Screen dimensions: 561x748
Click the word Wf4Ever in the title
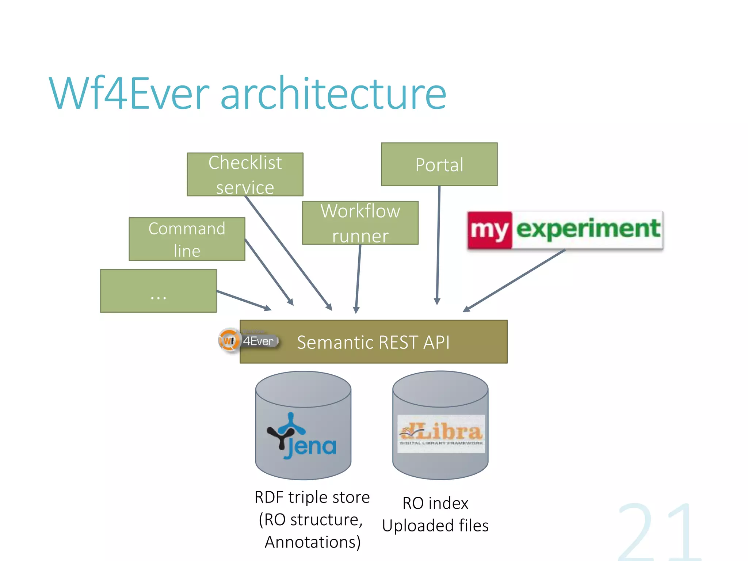coord(130,93)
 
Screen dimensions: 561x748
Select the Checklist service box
coord(245,175)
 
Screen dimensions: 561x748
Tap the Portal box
coord(439,164)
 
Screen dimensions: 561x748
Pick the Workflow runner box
coord(360,223)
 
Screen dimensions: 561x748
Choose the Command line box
coord(187,239)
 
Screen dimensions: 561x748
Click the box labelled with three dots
coord(158,291)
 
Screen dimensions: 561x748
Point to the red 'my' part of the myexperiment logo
coord(489,230)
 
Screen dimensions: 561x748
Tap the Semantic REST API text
coord(373,342)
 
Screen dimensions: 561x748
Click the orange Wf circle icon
coord(229,341)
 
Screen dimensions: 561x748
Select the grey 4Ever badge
coord(259,341)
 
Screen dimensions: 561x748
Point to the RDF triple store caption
coord(312,497)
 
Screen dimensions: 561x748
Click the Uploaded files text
coord(435,526)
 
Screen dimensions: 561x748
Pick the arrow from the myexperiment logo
coord(515,280)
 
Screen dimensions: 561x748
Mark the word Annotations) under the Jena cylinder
coord(313,542)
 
